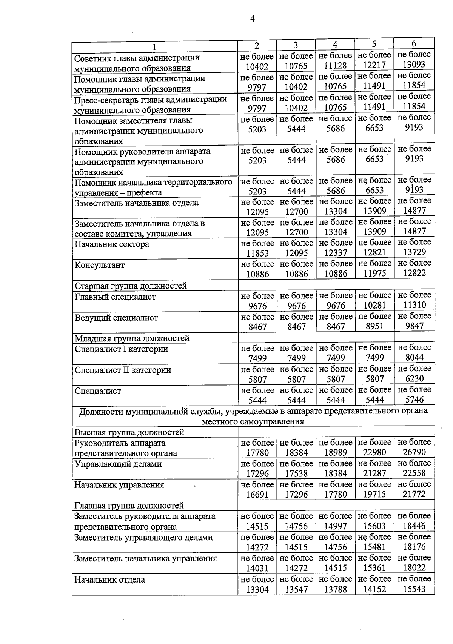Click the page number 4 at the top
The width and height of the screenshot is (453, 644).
(x=253, y=19)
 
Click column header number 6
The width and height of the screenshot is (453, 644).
(x=414, y=43)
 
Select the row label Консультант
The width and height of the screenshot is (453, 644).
(x=100, y=265)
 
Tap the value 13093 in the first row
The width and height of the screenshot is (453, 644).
(x=414, y=65)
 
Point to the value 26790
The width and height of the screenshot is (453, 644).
(x=414, y=452)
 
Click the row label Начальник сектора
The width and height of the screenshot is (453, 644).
(x=112, y=244)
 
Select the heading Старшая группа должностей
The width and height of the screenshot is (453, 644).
(x=131, y=286)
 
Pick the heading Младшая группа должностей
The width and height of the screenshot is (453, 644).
(x=132, y=338)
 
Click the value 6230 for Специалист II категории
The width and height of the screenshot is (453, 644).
(x=414, y=378)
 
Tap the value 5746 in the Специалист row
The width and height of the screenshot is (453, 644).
(x=414, y=400)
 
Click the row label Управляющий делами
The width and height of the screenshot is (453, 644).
(x=118, y=464)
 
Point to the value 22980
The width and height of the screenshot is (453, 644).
(x=374, y=452)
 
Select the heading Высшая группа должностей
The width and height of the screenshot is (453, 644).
(x=129, y=432)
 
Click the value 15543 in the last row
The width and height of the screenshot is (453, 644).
(x=414, y=589)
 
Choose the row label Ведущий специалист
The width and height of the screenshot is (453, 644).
(x=116, y=317)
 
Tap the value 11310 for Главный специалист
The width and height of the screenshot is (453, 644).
(x=414, y=305)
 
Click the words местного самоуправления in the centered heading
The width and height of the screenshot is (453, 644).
(x=253, y=421)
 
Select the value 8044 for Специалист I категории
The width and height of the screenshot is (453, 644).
(x=414, y=357)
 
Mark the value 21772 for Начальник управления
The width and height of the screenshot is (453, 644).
(x=414, y=494)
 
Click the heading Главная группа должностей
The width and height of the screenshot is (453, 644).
(x=129, y=505)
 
